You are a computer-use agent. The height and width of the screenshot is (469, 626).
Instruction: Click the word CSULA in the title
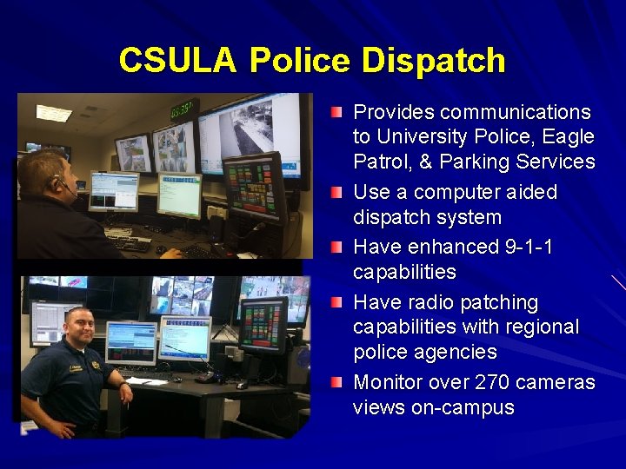click(x=177, y=61)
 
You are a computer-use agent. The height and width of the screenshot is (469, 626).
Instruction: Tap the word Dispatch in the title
click(x=434, y=61)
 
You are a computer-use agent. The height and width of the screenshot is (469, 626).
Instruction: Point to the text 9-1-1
click(x=529, y=248)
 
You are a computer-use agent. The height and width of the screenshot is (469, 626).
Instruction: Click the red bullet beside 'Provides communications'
click(x=336, y=113)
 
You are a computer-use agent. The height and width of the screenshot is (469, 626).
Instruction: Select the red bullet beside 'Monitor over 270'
click(x=336, y=383)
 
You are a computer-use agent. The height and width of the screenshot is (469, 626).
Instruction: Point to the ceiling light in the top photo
click(x=54, y=112)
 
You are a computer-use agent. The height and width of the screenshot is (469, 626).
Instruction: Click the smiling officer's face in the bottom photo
click(x=80, y=327)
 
